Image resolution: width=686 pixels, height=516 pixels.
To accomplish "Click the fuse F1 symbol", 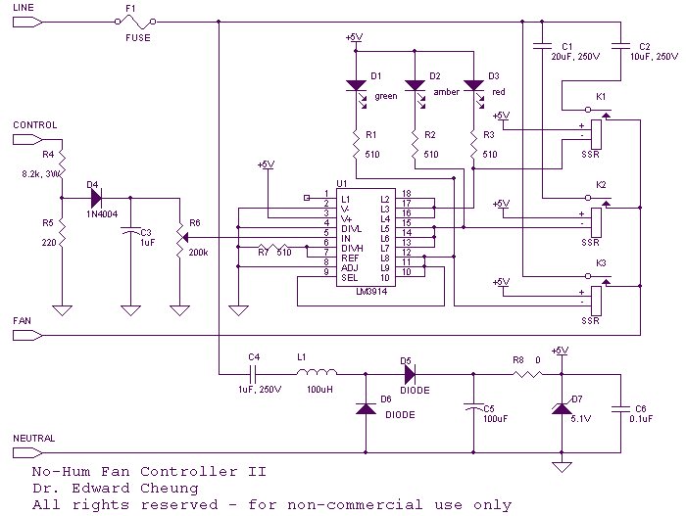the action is (x=135, y=21).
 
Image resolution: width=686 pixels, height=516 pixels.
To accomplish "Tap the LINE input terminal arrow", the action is (x=27, y=22).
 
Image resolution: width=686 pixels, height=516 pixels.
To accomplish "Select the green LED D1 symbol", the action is (x=357, y=91).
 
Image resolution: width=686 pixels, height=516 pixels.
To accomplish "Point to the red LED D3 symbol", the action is (x=473, y=91).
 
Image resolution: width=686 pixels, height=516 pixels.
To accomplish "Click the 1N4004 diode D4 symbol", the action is (x=96, y=198).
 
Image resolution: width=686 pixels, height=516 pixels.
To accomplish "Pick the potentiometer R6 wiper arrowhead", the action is (x=184, y=238).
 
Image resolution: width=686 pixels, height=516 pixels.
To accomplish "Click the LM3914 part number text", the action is (x=371, y=292).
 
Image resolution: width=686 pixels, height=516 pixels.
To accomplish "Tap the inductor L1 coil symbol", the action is (x=318, y=372).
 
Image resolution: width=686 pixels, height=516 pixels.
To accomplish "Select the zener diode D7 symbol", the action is (x=562, y=409).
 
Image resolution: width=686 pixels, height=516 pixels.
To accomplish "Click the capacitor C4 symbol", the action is (x=253, y=374).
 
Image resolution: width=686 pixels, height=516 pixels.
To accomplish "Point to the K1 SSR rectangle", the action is (x=596, y=135).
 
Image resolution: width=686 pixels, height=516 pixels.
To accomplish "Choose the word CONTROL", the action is (x=35, y=125).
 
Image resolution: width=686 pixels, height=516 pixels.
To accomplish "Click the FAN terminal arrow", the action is (x=27, y=336).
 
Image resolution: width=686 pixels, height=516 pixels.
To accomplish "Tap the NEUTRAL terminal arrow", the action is (x=27, y=453).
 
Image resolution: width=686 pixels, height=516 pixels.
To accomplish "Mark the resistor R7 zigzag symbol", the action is (x=272, y=247).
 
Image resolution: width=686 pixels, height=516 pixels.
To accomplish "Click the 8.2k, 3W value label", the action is (x=41, y=174).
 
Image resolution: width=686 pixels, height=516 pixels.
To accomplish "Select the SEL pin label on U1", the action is (x=350, y=278).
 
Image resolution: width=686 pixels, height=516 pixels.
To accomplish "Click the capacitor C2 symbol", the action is (x=620, y=45).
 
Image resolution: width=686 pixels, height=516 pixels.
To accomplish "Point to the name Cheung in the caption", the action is (x=170, y=489).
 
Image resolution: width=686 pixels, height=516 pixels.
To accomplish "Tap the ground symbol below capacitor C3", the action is (x=130, y=310).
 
